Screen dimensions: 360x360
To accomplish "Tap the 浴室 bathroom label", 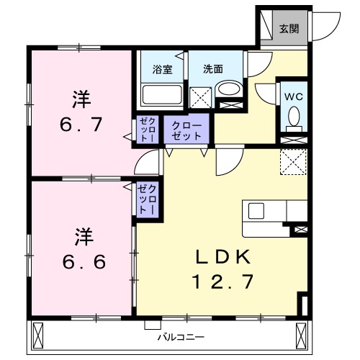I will click(x=162, y=70).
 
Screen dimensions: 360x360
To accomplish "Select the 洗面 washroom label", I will click(x=212, y=70).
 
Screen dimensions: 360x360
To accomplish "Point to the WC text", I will click(x=293, y=96).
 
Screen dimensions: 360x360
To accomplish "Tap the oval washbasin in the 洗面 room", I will click(x=230, y=91).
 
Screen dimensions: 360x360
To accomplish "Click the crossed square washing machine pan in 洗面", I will click(x=199, y=97).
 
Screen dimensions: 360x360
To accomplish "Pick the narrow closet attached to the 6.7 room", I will click(x=146, y=130).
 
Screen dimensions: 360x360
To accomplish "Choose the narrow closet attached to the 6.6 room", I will click(x=150, y=199).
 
